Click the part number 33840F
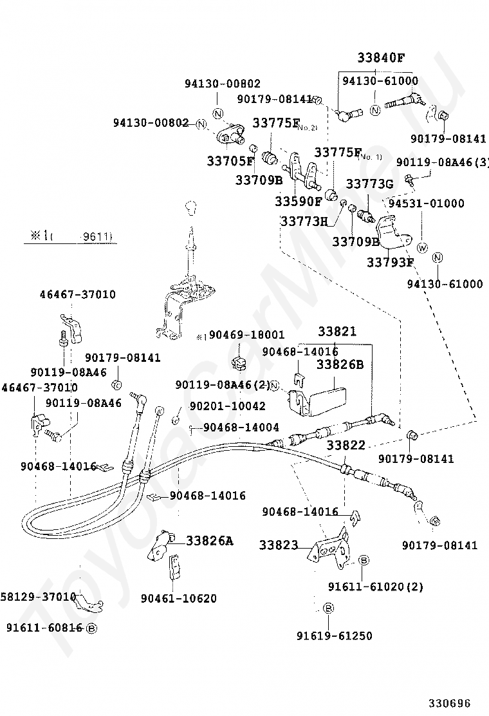[381, 57]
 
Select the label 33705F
[230, 160]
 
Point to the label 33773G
[369, 184]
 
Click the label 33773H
[304, 221]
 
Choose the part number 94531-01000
[426, 203]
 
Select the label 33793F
[390, 262]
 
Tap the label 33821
[337, 332]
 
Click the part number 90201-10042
[227, 406]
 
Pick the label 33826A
[210, 541]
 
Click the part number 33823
[279, 545]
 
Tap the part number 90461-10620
[179, 598]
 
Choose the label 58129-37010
[39, 596]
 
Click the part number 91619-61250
[334, 636]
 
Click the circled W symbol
[422, 248]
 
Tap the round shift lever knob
[190, 208]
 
